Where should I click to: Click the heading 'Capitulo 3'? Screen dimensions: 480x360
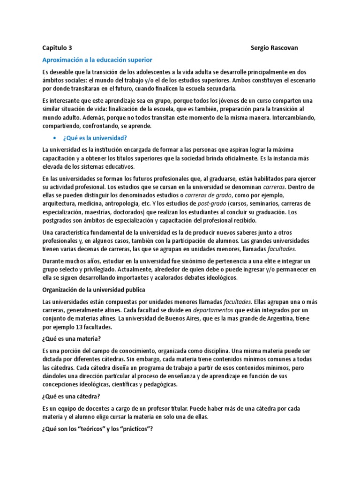click(57, 48)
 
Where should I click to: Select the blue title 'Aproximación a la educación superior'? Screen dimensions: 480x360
click(97, 60)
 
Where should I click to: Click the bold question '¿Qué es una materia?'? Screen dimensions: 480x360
click(72, 339)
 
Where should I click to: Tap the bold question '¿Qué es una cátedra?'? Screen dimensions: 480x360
click(72, 396)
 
